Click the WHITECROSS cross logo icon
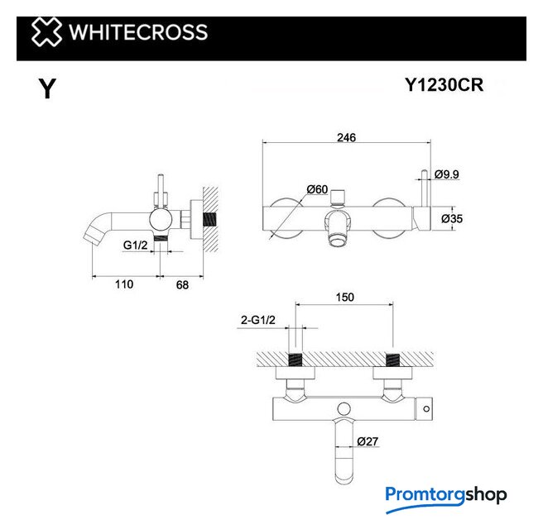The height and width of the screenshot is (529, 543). [46, 32]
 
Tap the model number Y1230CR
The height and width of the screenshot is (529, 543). [444, 84]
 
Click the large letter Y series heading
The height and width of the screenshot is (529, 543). [47, 88]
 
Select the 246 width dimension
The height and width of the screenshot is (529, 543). [346, 137]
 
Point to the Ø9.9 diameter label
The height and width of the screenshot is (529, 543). [447, 174]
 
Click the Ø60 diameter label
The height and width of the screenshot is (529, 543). [317, 189]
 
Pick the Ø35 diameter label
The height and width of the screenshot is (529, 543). [452, 218]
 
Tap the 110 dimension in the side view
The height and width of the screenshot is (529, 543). [124, 284]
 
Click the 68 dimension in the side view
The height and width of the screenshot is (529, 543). [182, 284]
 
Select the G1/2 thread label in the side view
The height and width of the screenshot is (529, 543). [136, 245]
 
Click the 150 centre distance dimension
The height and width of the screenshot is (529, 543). [345, 297]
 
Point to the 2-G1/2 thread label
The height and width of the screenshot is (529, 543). [258, 320]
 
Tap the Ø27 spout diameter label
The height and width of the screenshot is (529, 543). [368, 441]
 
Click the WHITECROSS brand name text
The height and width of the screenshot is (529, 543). [138, 32]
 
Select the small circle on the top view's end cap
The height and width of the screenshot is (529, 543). [426, 408]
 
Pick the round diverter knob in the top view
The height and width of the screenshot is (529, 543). [344, 408]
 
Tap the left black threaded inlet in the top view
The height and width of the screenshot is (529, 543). [296, 360]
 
